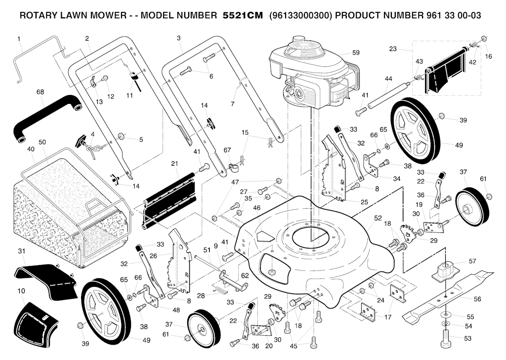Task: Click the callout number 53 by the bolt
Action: coord(467,338)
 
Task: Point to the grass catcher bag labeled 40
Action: coord(64,213)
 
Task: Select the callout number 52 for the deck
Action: coord(378,218)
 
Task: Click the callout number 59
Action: coord(356,52)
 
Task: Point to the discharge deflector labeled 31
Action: coord(47,279)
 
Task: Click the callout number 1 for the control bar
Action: coord(19,38)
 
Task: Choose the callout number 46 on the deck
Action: coord(257,208)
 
